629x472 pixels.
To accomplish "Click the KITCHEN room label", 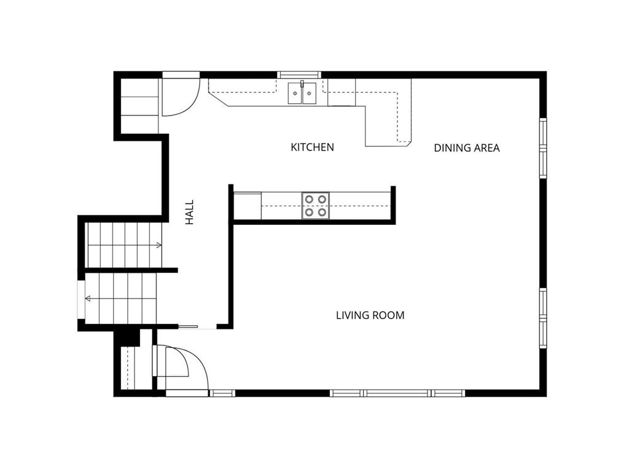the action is pyautogui.click(x=312, y=147).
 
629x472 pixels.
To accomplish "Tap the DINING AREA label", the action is pyautogui.click(x=467, y=148).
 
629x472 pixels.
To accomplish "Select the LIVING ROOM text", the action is pyautogui.click(x=370, y=315).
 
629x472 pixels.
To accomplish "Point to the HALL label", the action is pyautogui.click(x=189, y=212).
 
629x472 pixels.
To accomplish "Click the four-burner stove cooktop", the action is pyautogui.click(x=316, y=205).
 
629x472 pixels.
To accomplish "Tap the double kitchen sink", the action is pyautogui.click(x=302, y=93).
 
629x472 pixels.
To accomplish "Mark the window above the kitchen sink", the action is pyautogui.click(x=299, y=74).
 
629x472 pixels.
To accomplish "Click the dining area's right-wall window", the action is pyautogui.click(x=543, y=148).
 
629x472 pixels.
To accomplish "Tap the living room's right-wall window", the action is pyautogui.click(x=543, y=318).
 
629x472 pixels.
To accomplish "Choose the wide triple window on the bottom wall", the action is pyautogui.click(x=397, y=393).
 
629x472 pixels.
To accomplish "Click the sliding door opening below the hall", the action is pyautogui.click(x=197, y=327).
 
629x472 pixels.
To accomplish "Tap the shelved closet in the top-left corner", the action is pyautogui.click(x=139, y=106).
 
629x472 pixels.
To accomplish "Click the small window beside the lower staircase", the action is pyautogui.click(x=81, y=299).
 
